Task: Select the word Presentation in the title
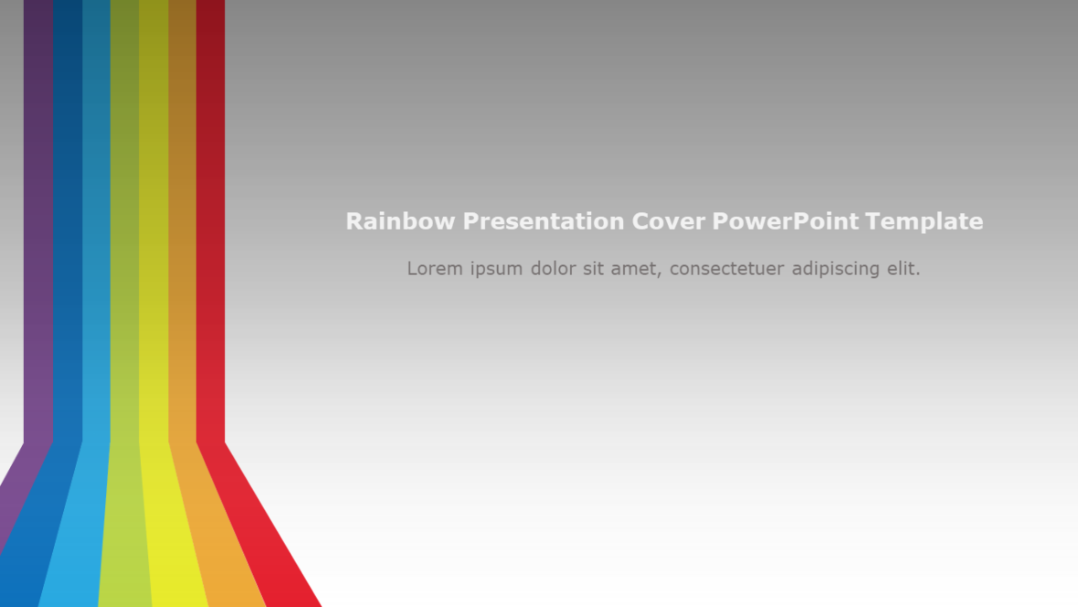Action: click(x=544, y=221)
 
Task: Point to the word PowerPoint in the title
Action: click(x=785, y=221)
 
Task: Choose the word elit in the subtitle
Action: click(x=903, y=269)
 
